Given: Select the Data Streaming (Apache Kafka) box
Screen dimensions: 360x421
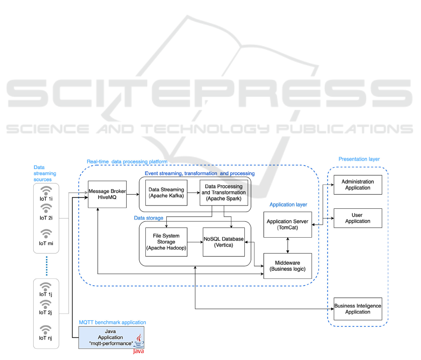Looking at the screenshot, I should pos(166,193).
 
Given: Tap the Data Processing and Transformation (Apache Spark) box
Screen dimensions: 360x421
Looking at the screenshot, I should pos(223,193).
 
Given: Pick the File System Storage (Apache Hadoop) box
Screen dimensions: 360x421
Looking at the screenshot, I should pos(166,241).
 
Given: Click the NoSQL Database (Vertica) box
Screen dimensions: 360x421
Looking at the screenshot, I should pos(223,242).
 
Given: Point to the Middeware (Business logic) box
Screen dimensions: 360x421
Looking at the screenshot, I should pos(287,265).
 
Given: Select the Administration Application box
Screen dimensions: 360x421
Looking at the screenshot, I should pos(357,185).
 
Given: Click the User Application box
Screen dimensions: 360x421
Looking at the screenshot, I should pos(357,218).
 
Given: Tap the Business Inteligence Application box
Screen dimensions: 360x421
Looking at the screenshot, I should pos(357,309).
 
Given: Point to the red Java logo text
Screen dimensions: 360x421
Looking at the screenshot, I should pos(139,351).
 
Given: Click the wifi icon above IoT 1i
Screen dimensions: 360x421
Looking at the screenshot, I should pos(46,191).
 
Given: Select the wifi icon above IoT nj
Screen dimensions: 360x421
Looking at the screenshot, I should pos(46,329).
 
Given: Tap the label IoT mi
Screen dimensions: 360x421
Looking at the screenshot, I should pos(46,243).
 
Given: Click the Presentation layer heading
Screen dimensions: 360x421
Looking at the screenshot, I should pos(359,159).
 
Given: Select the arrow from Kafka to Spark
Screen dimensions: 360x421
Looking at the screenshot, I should pos(193,193).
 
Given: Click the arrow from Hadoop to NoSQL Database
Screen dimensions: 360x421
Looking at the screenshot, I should pos(195,242).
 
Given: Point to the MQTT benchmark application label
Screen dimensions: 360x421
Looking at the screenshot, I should pos(112,322).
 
